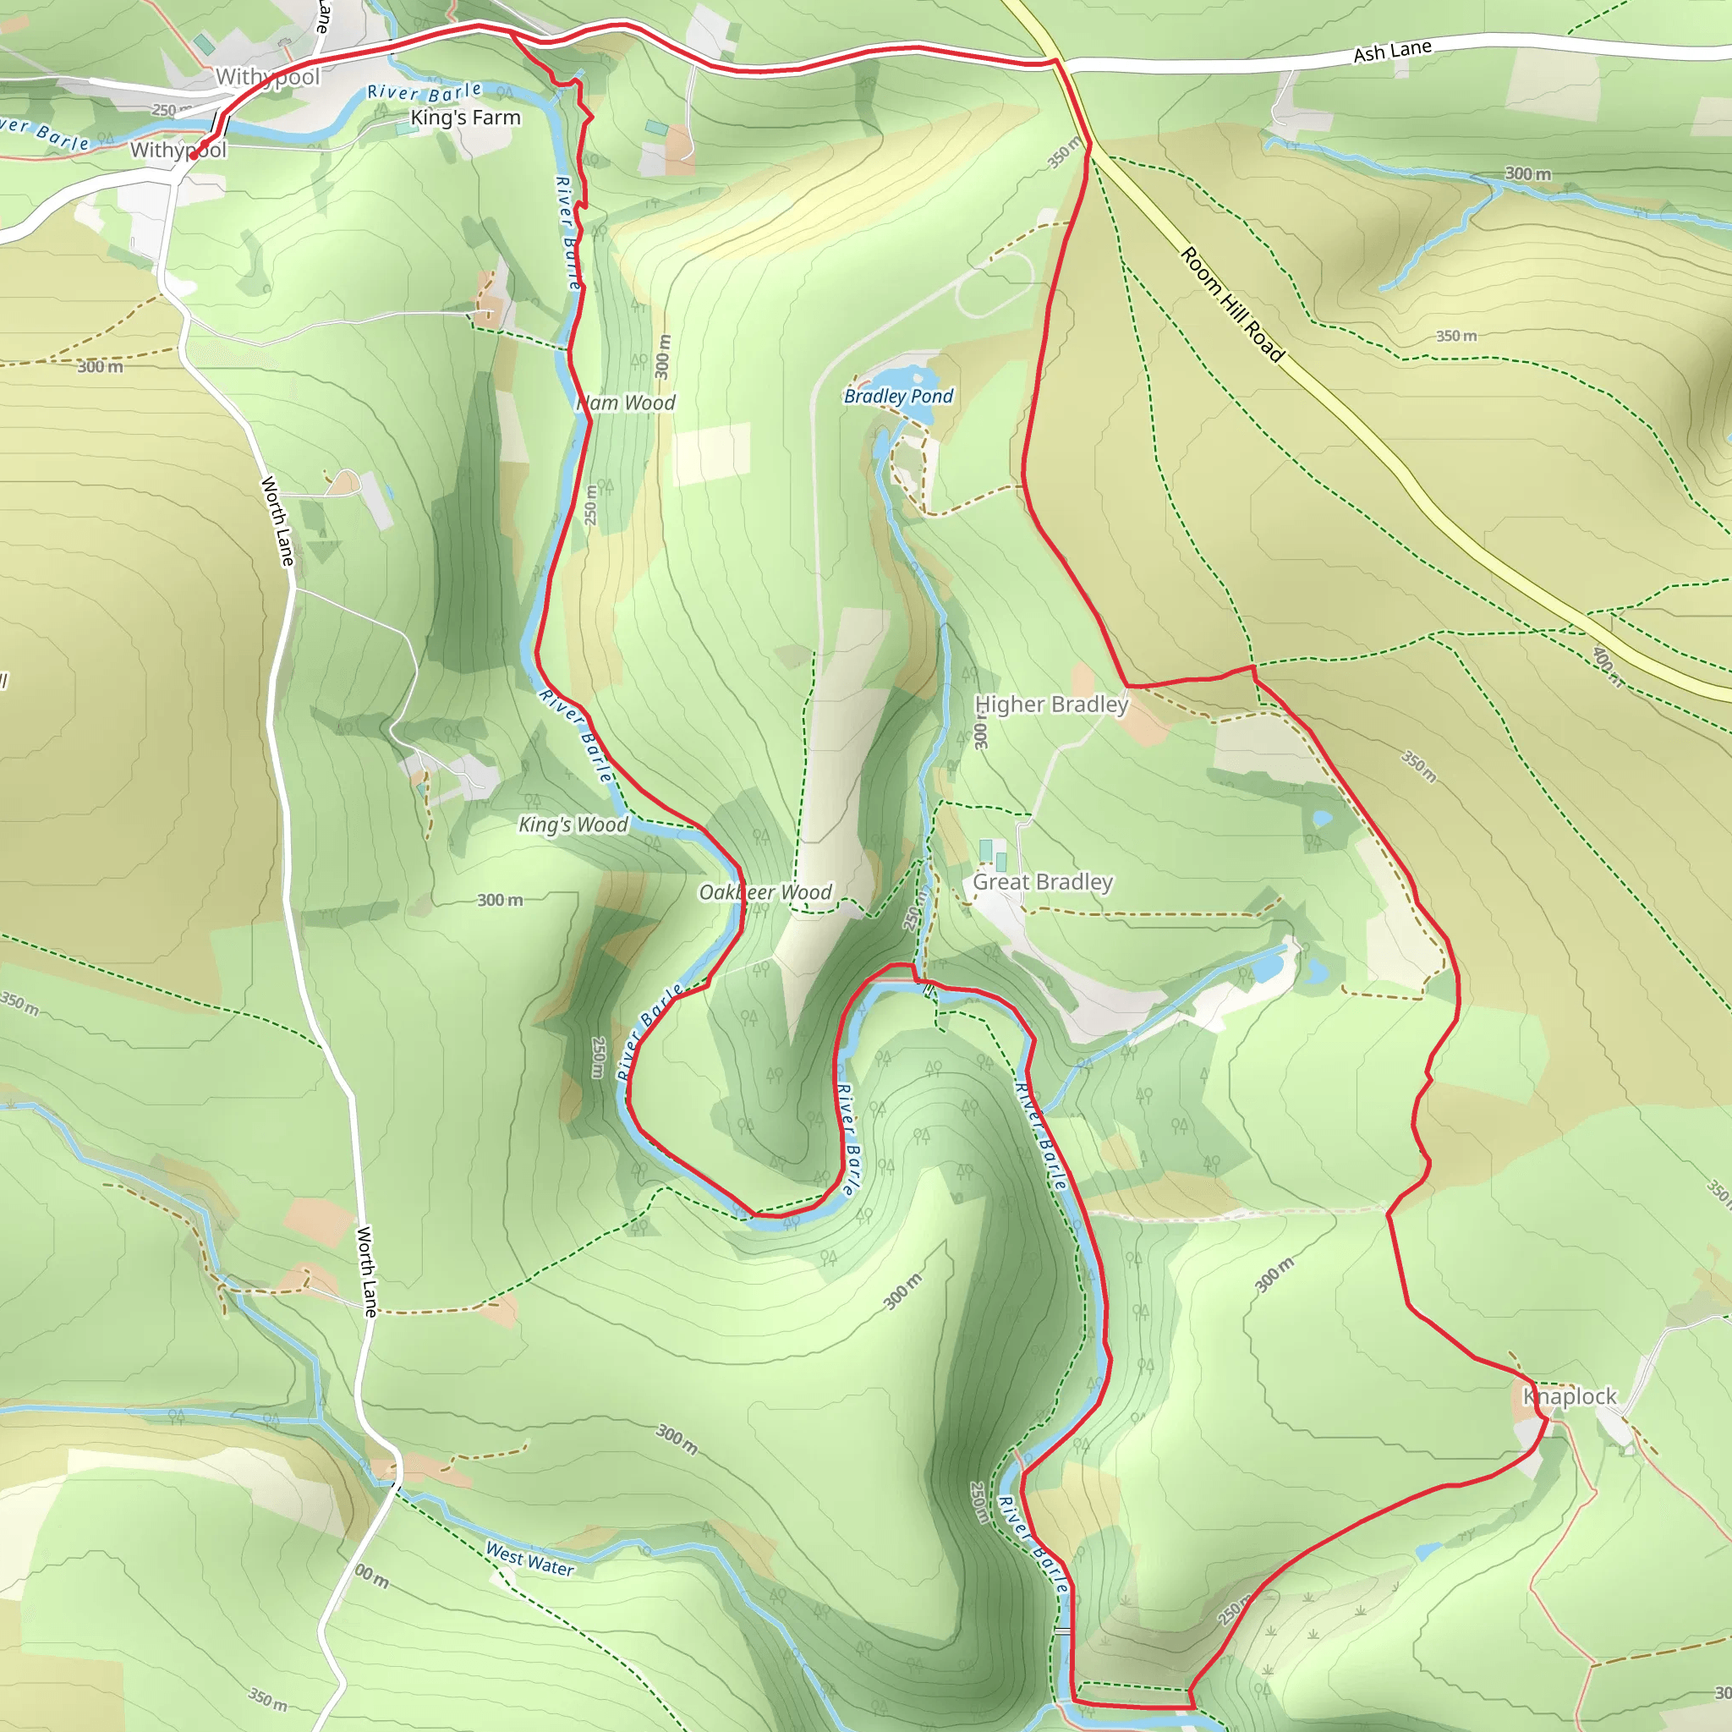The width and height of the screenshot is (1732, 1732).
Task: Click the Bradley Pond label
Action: coord(898,397)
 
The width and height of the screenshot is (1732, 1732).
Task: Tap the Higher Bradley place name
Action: coord(1051,704)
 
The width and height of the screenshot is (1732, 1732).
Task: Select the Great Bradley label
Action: coord(1043,882)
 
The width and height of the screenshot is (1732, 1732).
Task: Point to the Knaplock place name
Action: coord(1569,1395)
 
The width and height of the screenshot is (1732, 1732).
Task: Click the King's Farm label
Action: coord(465,118)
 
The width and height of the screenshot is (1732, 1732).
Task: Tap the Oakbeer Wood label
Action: coord(765,892)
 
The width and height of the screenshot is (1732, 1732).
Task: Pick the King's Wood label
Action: coord(573,825)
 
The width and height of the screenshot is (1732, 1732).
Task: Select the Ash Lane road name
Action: coord(1391,52)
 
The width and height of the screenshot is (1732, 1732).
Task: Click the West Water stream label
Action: coord(529,1558)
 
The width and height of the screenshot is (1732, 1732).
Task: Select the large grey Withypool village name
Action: coord(267,77)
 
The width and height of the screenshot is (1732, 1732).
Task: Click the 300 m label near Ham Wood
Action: coord(662,356)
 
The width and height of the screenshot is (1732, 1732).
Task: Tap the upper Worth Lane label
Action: coord(277,521)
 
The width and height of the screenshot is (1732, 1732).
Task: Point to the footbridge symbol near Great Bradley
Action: coord(928,989)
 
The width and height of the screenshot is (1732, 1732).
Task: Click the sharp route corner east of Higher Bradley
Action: coord(1253,667)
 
